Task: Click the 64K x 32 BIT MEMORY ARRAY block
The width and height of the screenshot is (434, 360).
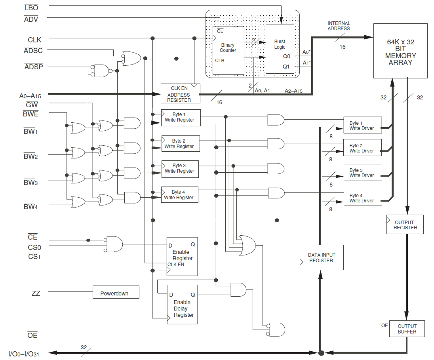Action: coord(400,50)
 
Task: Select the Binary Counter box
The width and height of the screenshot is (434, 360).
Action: coord(228,50)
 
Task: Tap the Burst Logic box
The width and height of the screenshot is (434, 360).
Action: coord(280,49)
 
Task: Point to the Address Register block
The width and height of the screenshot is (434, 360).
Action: coord(180,93)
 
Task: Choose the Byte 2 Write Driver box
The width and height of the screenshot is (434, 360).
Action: coord(362,148)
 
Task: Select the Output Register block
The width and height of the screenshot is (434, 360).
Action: coord(405,225)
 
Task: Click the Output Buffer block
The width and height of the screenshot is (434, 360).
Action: coord(407,329)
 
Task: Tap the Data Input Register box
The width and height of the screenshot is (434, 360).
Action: coord(321,257)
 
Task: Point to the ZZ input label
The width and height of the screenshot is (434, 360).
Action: coord(36,293)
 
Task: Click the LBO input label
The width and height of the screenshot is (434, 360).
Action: coord(31,8)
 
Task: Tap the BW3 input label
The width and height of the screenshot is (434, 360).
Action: coord(30,183)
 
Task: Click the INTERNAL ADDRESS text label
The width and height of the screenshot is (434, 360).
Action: coord(339,26)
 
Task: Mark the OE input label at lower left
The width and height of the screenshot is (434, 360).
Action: coord(32,335)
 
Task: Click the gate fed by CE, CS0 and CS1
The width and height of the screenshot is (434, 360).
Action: coord(114,244)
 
